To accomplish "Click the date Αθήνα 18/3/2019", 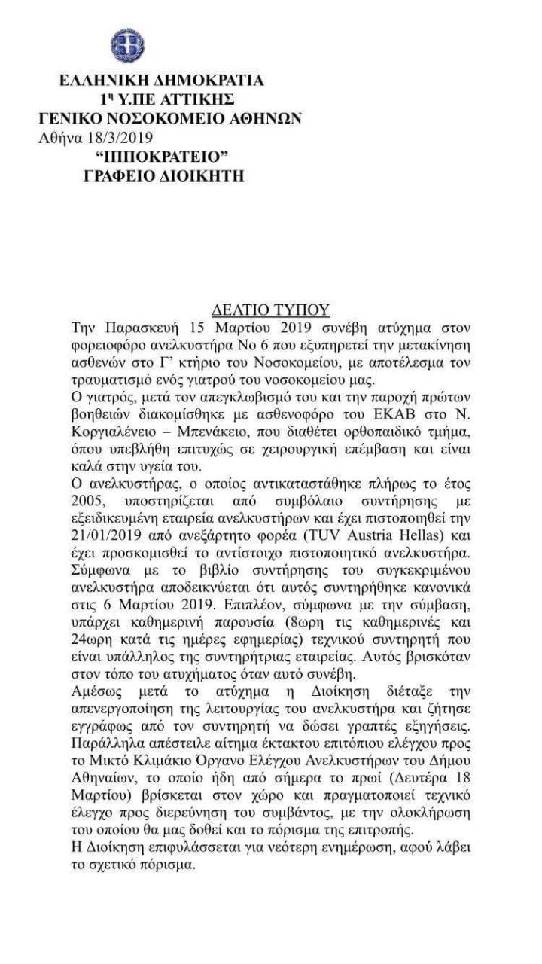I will (95, 138).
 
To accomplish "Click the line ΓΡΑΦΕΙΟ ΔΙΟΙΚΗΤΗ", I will (163, 176).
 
